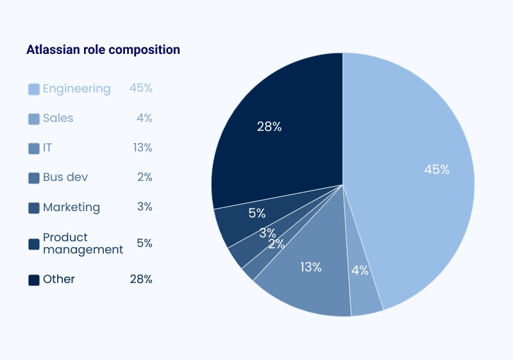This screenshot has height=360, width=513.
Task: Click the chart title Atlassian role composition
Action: point(103,49)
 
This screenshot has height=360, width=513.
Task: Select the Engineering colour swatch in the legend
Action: point(34,89)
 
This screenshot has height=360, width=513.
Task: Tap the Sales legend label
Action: point(58,118)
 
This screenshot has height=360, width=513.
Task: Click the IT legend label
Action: point(47,148)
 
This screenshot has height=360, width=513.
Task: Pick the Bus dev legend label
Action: point(65,177)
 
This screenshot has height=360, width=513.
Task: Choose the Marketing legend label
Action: point(71,207)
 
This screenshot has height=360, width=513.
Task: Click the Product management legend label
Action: point(82,243)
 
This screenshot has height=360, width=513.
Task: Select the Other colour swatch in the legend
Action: point(34,280)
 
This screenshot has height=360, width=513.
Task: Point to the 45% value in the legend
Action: point(140,88)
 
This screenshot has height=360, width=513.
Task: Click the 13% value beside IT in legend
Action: point(142,148)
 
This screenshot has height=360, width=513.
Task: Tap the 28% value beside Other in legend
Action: point(140,279)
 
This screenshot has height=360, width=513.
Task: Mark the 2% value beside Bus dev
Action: point(144,177)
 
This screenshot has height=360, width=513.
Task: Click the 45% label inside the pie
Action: point(437,170)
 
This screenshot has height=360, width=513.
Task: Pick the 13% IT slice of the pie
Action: point(308,282)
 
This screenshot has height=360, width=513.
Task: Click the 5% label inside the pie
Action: point(257,213)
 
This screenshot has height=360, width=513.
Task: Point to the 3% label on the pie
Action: point(267,233)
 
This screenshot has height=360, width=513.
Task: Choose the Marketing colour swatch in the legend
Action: point(34,208)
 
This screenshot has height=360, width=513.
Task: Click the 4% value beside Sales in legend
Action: point(144,118)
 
